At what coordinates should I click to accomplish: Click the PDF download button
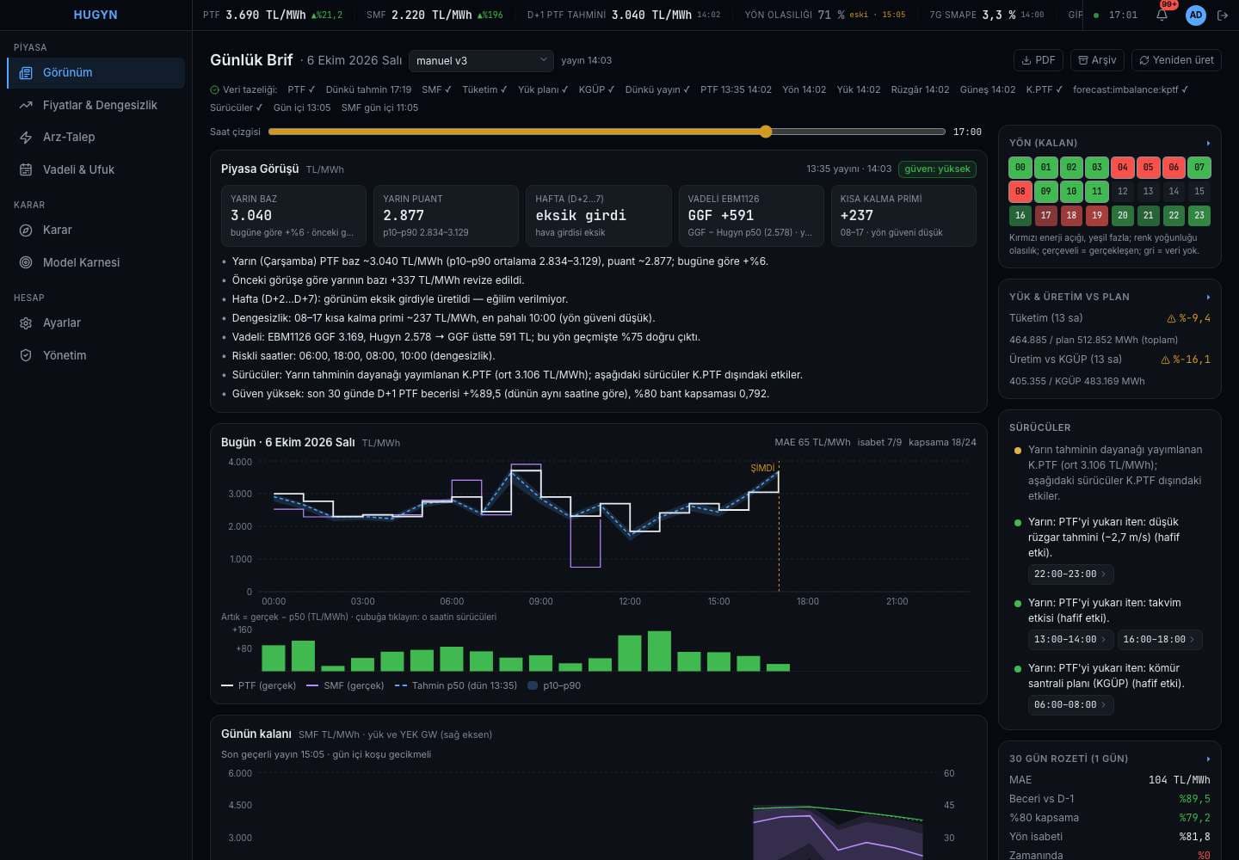(x=1038, y=60)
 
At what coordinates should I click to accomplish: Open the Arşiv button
(x=1097, y=60)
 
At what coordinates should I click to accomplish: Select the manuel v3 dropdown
(x=481, y=61)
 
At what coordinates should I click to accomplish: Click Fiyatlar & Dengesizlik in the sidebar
(x=100, y=105)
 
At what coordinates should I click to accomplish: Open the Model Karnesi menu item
(x=81, y=262)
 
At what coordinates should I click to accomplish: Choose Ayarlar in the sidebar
(x=61, y=322)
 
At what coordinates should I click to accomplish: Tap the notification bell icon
(x=1162, y=15)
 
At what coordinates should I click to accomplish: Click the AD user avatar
(x=1196, y=15)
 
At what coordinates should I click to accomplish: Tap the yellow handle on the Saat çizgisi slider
(x=766, y=132)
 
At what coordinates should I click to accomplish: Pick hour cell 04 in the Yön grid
(x=1122, y=168)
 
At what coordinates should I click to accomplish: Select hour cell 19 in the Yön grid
(x=1097, y=216)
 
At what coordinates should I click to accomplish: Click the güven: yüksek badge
(x=937, y=169)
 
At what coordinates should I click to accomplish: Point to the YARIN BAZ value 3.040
(x=251, y=216)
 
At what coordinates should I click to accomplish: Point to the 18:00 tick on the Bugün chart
(x=808, y=601)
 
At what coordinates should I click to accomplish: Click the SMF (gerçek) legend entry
(x=345, y=686)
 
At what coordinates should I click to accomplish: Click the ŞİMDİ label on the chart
(x=762, y=468)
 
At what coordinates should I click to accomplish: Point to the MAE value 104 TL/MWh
(x=1180, y=780)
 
